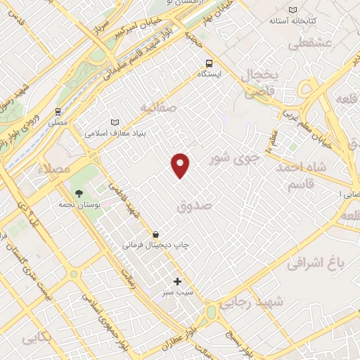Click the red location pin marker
181,164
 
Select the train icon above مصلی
58,111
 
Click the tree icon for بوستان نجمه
78,193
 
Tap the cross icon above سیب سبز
177,281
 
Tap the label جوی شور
235,159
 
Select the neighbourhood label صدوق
195,206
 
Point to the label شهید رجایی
250,302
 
